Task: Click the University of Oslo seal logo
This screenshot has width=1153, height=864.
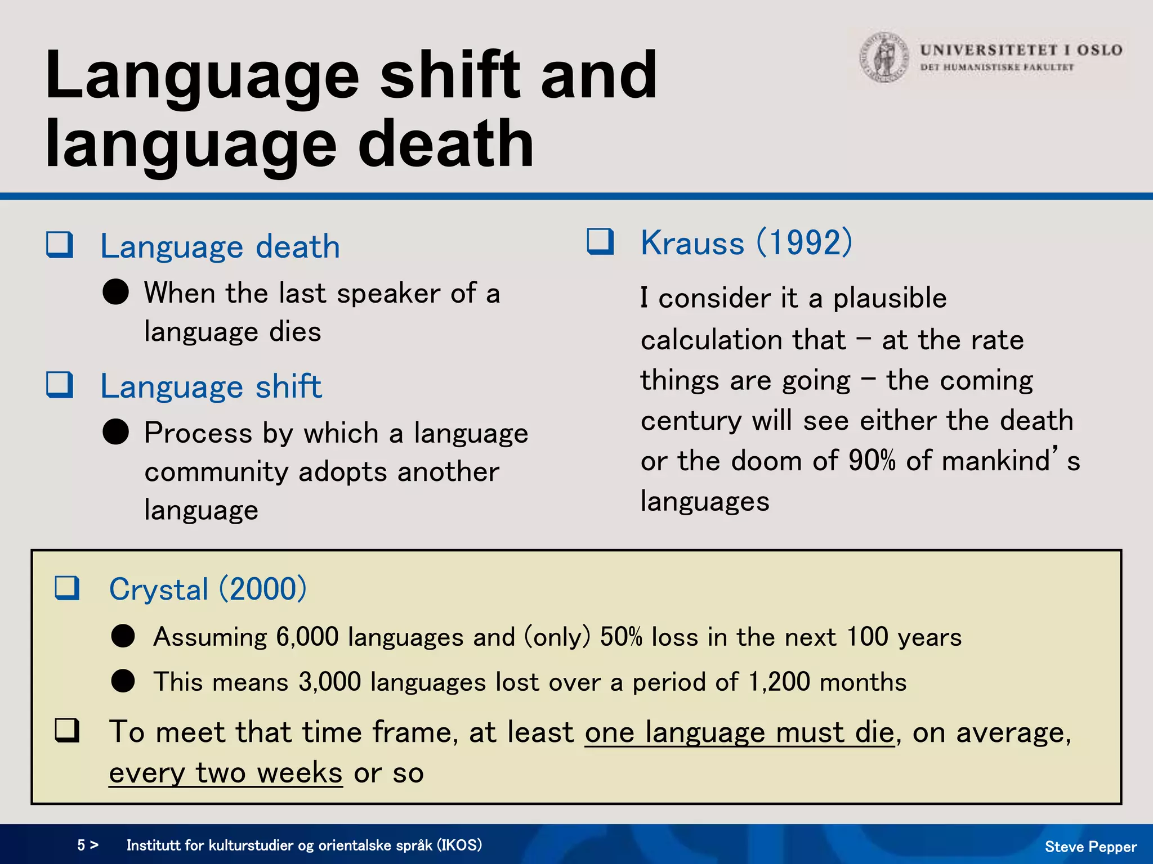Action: tap(884, 57)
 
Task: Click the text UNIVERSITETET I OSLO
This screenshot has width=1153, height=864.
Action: tap(1021, 50)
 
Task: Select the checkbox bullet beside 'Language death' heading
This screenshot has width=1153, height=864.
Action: tap(60, 245)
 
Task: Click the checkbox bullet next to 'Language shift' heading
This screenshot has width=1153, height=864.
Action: tap(60, 385)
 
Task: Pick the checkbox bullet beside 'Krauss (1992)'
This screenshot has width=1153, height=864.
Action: tap(600, 241)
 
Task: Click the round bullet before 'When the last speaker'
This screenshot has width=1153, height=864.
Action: tap(116, 292)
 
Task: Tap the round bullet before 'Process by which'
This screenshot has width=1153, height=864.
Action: tap(116, 432)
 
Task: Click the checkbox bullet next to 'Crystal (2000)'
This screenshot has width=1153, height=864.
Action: tap(67, 588)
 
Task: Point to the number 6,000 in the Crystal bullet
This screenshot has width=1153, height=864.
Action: tap(307, 637)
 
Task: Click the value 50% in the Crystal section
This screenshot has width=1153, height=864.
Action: tap(621, 637)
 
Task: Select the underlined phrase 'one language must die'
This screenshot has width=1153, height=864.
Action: tap(739, 732)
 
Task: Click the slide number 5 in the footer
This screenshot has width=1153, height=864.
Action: tap(82, 845)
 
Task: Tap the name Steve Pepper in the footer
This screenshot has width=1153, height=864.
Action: tap(1091, 847)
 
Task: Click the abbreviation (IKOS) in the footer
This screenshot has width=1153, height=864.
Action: tap(459, 845)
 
